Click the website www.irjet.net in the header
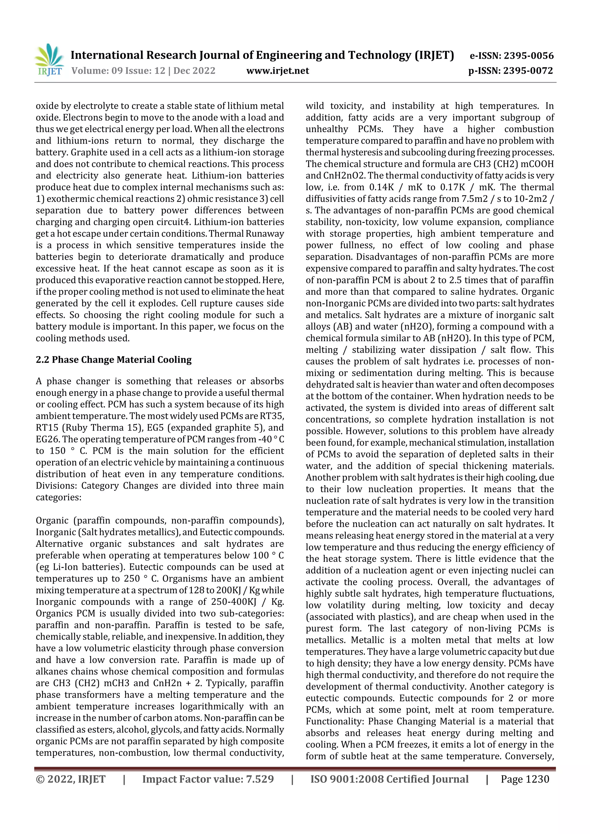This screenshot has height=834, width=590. point(277,71)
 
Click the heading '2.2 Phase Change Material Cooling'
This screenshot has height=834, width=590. point(114,360)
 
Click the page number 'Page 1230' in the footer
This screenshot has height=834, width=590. point(525,779)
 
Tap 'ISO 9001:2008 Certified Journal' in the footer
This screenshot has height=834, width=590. point(389,779)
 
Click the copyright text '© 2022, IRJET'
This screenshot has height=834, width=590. point(71,779)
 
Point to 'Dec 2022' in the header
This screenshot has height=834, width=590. point(194,71)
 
